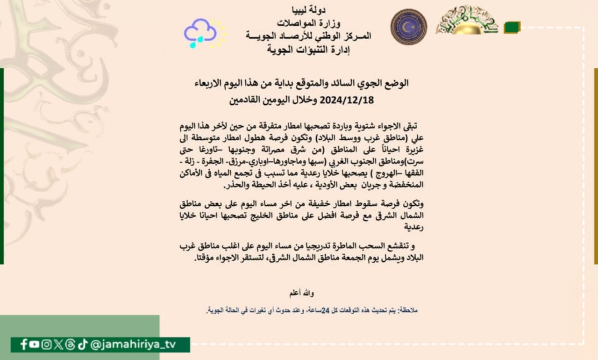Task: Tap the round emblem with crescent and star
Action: (408, 27)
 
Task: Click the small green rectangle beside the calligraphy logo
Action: (512, 27)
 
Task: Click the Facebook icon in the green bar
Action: (24, 345)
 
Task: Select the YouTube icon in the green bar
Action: (34, 345)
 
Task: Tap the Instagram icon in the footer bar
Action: (46, 345)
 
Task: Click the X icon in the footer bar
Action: (58, 345)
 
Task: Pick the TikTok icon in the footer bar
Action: (83, 345)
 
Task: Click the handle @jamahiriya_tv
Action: (133, 345)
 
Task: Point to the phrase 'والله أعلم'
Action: (302, 293)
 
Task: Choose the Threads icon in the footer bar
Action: (70, 345)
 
